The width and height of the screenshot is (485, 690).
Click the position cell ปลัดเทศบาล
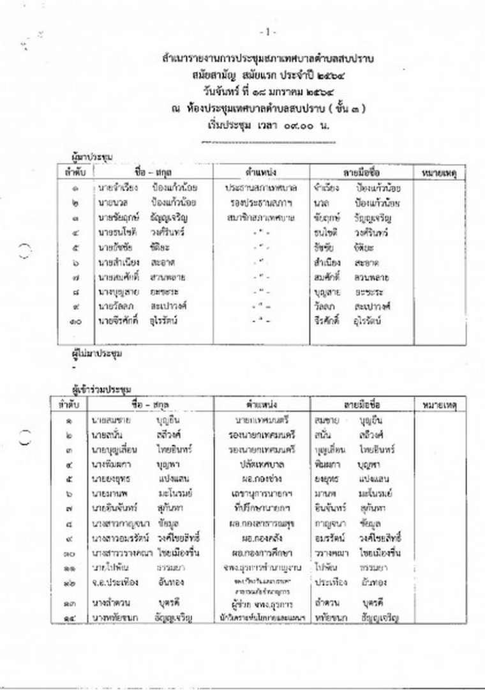tap(262, 464)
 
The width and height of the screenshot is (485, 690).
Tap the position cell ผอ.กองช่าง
tap(262, 479)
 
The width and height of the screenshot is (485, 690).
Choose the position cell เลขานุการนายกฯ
tap(262, 493)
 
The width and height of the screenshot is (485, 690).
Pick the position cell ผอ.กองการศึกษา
tap(262, 553)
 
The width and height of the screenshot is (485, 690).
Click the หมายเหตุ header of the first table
tap(440, 172)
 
